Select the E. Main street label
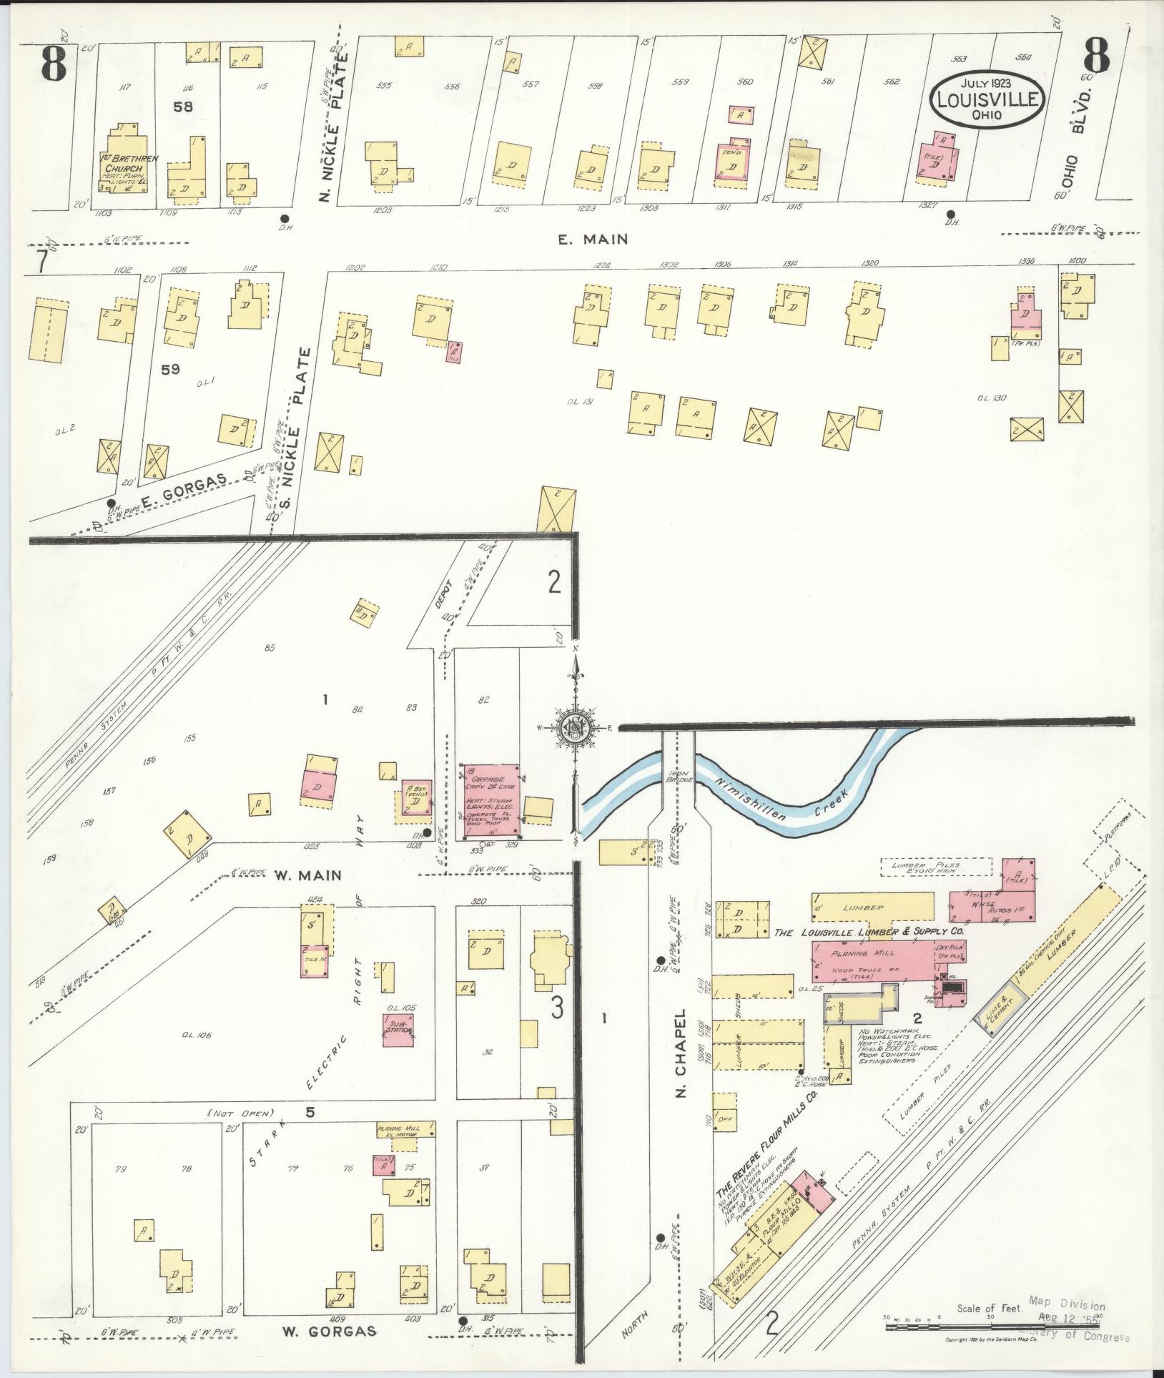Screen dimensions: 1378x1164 [593, 240]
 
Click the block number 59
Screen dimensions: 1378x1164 [170, 369]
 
